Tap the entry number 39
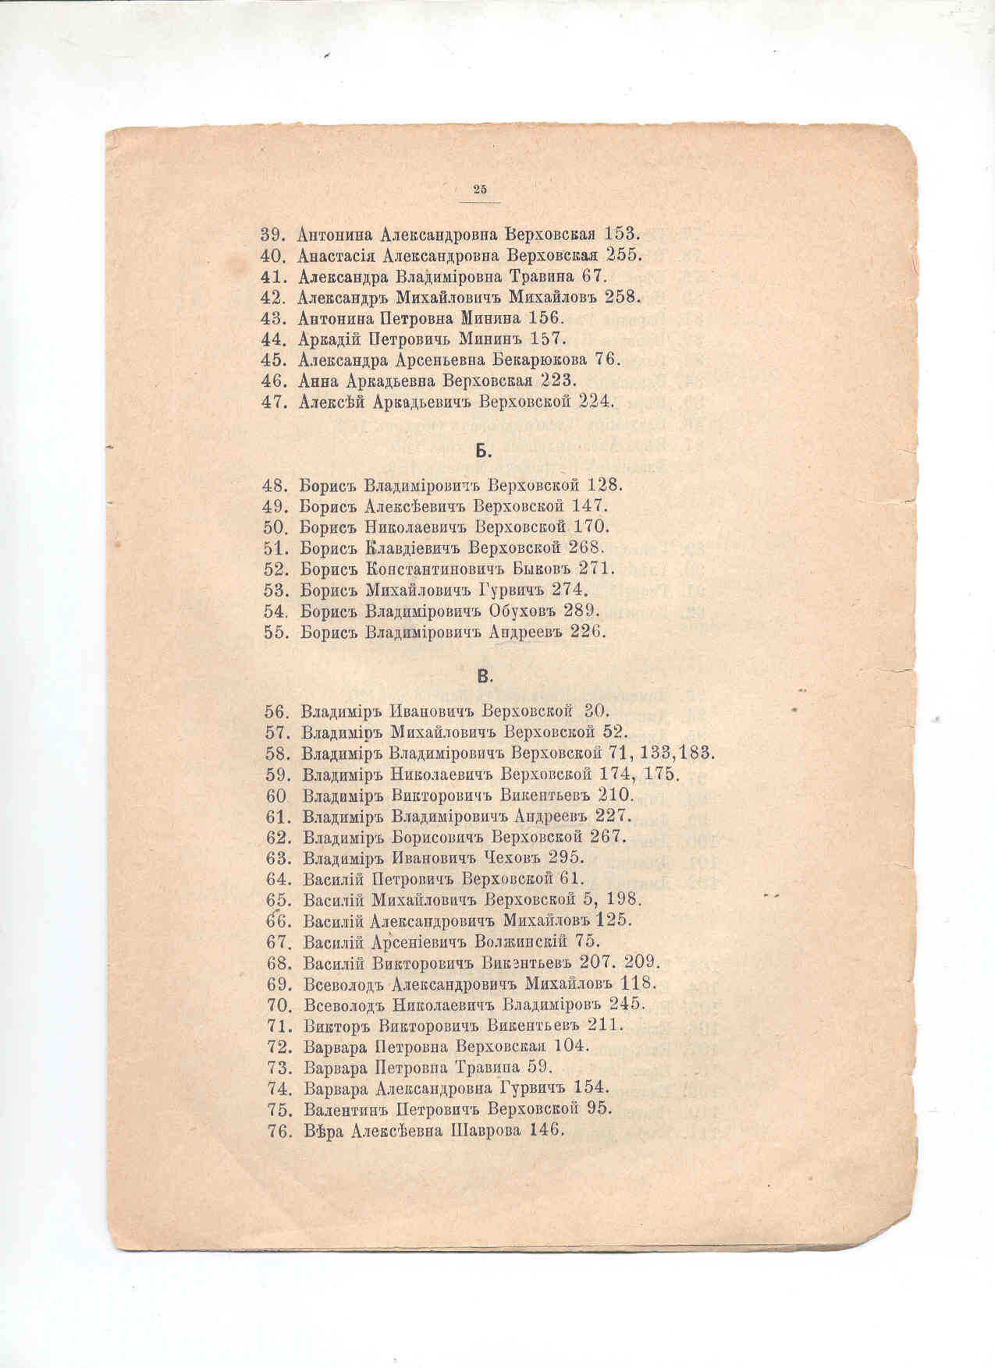coord(275,233)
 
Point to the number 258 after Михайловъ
coord(623,296)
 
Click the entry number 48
coord(277,485)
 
